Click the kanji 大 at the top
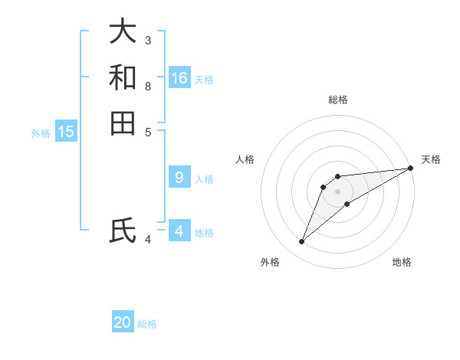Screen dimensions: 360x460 point(123,31)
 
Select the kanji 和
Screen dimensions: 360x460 point(123,77)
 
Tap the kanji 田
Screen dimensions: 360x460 point(123,123)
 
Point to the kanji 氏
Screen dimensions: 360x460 point(123,231)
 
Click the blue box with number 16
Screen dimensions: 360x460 point(179,78)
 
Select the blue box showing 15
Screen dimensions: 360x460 point(66,132)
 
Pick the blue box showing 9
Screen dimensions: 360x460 point(179,178)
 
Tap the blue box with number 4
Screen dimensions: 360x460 point(179,231)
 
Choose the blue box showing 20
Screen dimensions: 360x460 point(123,322)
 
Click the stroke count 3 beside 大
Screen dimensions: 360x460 point(148,40)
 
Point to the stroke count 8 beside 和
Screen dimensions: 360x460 point(148,86)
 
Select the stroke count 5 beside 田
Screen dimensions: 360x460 point(148,132)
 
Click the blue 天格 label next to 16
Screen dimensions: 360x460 point(204,80)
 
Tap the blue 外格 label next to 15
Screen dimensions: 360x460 point(41,133)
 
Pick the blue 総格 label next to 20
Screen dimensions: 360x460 point(147,324)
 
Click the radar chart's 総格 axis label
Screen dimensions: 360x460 point(338,100)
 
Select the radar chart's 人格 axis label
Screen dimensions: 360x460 point(245,159)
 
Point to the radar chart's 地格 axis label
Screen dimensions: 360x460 point(402,263)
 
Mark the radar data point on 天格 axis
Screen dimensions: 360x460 point(410,168)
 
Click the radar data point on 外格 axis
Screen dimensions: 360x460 point(301,242)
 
